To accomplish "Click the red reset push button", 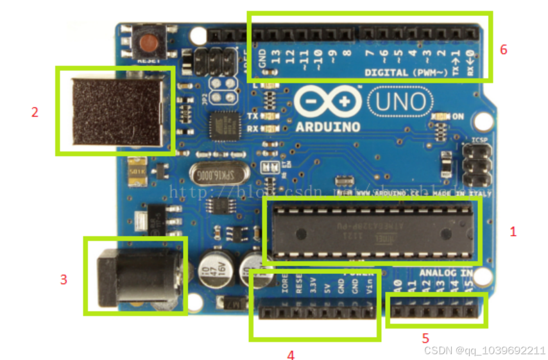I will pos(149,44).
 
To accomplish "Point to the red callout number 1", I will pos(513,232).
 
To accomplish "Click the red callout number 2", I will pos(35,112).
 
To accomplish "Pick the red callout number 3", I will pos(64,280).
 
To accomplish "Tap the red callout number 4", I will pos(291,354).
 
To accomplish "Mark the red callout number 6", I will pos(503,49).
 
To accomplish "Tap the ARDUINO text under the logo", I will pos(328,127).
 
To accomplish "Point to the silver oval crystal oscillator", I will pos(210,173).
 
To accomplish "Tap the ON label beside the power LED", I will pos(458,117).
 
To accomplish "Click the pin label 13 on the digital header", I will pos(276,58).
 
